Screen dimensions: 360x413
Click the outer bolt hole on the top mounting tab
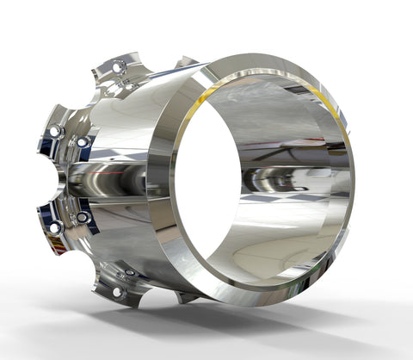tap(119, 65)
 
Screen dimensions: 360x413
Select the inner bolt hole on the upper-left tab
tap(83, 141)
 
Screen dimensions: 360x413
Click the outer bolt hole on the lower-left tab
tap(54, 227)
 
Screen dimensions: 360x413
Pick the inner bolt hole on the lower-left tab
tap(83, 218)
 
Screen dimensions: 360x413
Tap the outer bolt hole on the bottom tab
tap(117, 292)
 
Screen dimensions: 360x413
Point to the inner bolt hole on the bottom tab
tap(131, 273)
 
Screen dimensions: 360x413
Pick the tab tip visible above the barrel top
tap(186, 62)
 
